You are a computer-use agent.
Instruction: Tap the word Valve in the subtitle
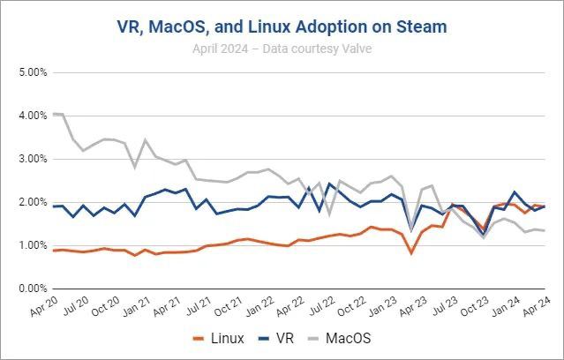click(x=355, y=48)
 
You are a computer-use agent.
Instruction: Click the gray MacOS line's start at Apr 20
click(x=54, y=114)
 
